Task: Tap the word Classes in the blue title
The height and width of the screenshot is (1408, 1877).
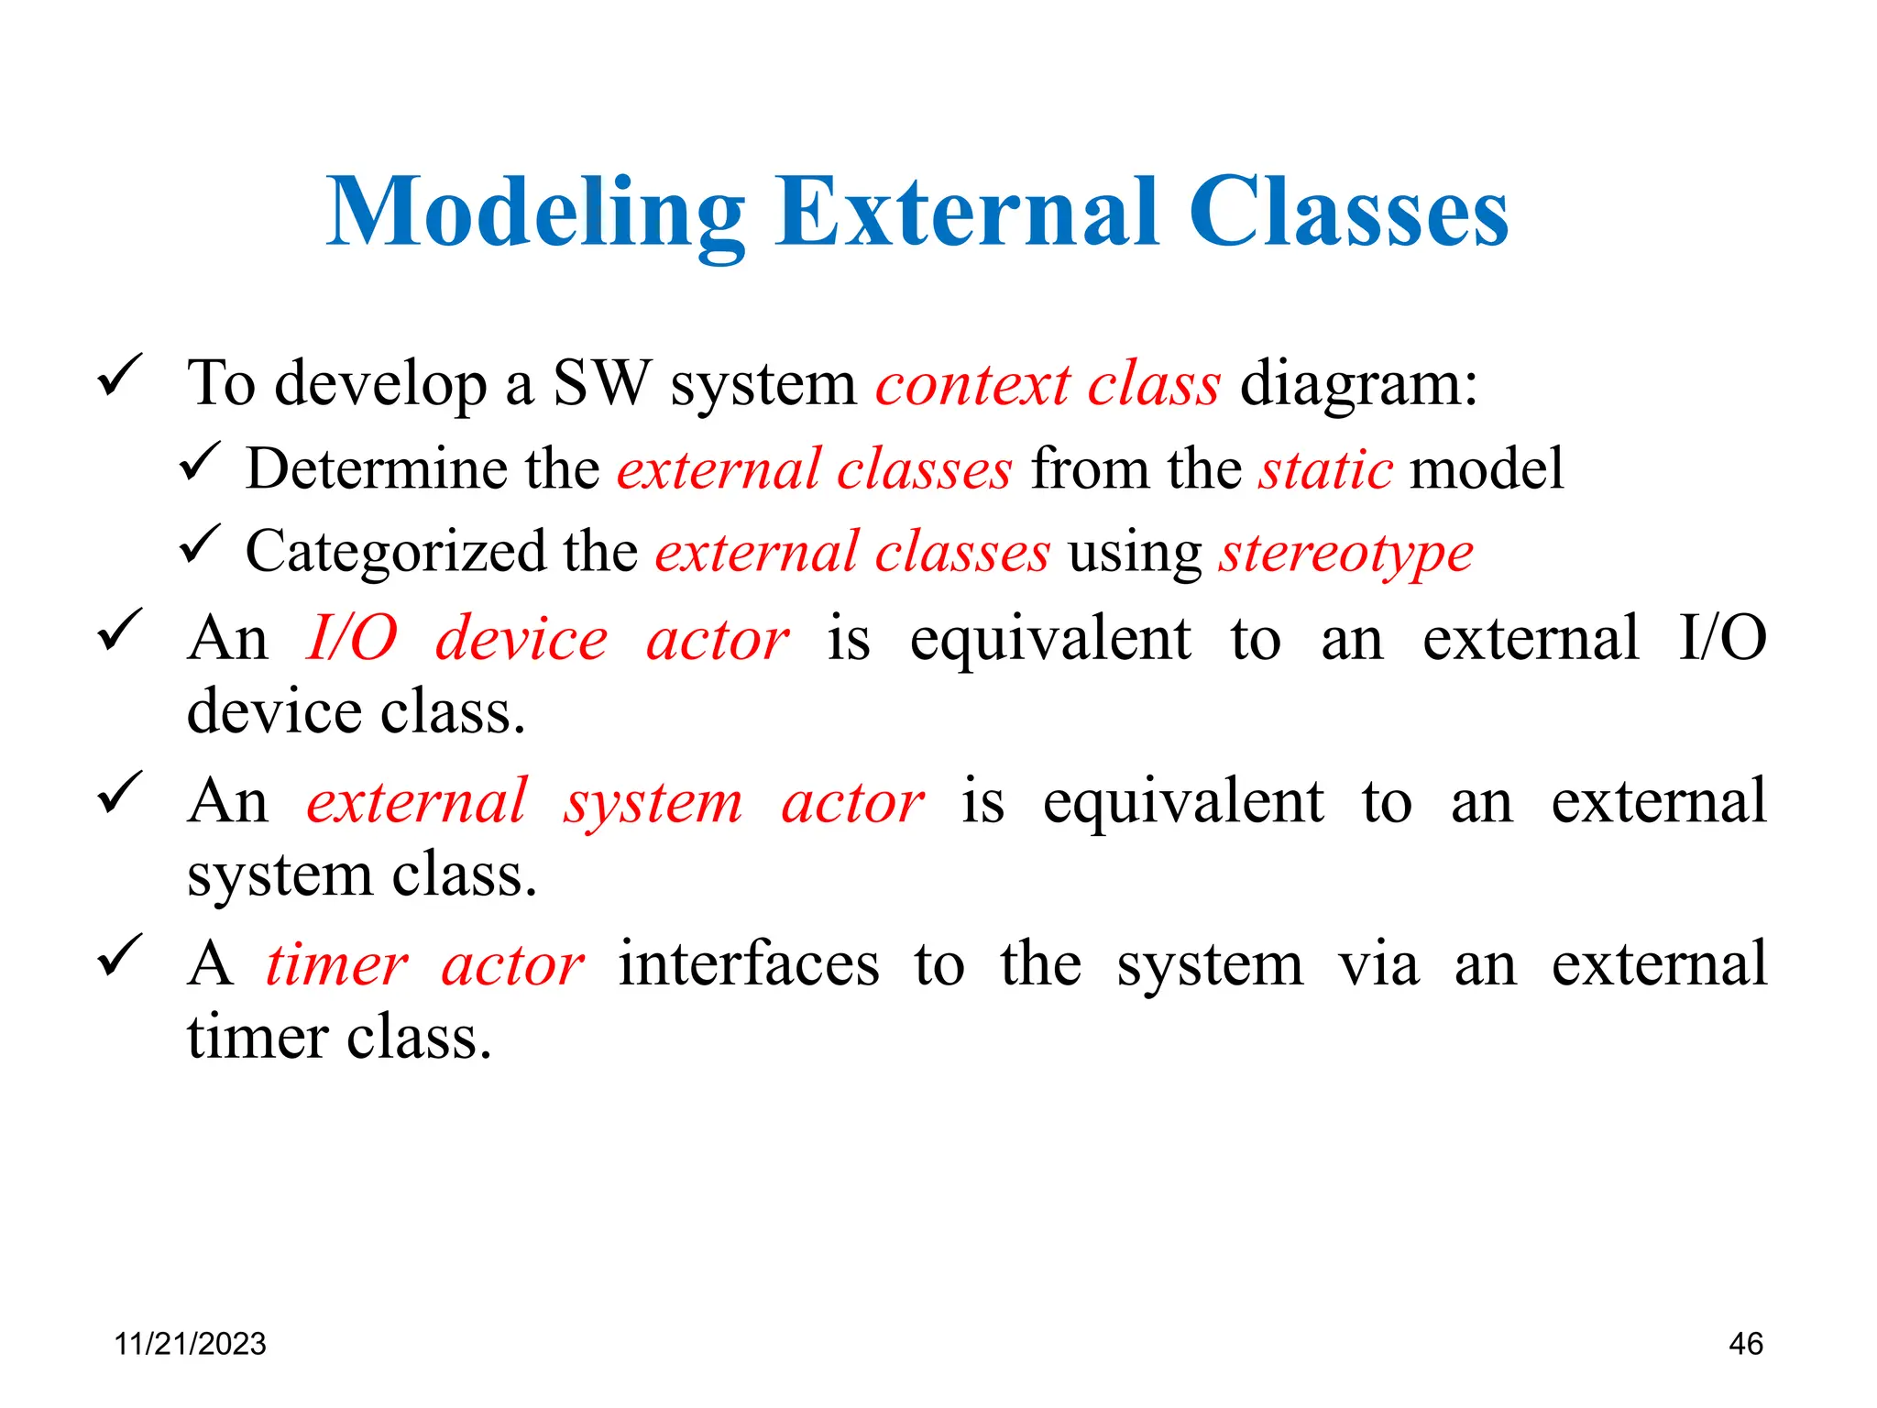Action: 1348,213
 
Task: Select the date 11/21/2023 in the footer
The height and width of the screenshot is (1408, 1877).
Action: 190,1344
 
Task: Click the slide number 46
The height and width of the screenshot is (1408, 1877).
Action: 1745,1344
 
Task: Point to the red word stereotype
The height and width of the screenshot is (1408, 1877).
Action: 1345,553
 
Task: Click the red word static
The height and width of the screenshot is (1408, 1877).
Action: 1325,469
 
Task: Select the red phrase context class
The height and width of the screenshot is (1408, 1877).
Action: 1048,384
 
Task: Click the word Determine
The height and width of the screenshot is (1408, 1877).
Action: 376,469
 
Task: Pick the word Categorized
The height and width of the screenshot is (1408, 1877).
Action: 395,553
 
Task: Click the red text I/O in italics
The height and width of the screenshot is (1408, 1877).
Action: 352,638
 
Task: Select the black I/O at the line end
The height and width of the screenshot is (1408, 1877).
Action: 1722,638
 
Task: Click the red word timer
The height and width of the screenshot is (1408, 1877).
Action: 336,965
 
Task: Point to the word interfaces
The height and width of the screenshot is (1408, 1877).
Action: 749,965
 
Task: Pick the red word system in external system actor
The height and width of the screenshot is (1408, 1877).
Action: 653,803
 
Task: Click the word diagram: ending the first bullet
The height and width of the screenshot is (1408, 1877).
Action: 1358,384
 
